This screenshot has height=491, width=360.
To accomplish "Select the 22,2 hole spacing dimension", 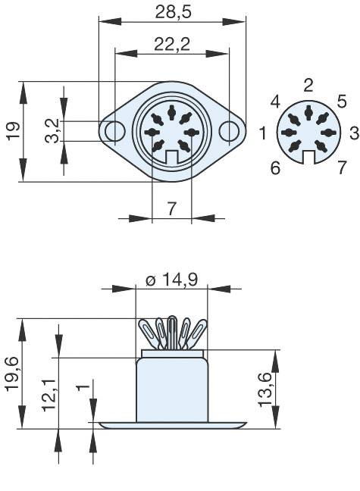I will [171, 45].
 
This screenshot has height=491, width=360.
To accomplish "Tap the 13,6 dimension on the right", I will [265, 389].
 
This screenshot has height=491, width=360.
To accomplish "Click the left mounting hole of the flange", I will [114, 132].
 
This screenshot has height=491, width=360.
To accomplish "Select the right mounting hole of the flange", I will [229, 132].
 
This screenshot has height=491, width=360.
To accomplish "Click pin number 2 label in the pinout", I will [308, 84].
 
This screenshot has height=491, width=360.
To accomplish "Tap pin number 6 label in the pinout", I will [275, 167].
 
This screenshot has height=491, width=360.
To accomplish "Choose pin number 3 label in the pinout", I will [354, 134].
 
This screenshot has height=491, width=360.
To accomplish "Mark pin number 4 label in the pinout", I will [275, 101].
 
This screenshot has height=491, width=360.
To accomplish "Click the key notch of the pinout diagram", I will [308, 157].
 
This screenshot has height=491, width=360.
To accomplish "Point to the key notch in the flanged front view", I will [172, 157].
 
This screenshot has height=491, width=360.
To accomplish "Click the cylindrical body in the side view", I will [172, 390].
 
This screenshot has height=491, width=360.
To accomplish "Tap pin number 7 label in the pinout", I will [342, 167].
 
